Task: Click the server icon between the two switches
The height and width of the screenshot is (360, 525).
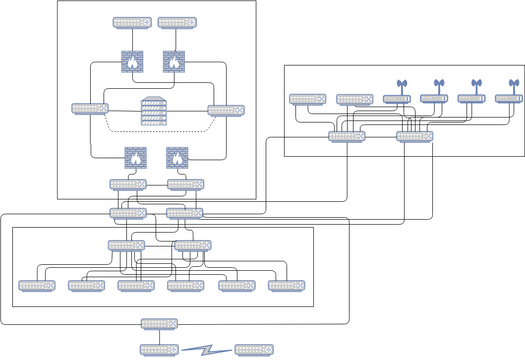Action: (152, 110)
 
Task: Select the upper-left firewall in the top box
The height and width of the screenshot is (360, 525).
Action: (132, 62)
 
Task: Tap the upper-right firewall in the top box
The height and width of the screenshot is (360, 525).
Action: (174, 62)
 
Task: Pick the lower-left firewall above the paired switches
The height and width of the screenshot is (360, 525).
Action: (135, 157)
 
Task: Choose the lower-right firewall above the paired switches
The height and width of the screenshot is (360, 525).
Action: (177, 157)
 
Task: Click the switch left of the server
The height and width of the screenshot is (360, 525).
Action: (90, 109)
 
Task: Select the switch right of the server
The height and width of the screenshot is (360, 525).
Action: (225, 110)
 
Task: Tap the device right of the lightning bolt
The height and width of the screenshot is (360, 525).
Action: (252, 350)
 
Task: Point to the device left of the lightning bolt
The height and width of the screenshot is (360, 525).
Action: (158, 350)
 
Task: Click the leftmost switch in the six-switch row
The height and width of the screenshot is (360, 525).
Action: (37, 286)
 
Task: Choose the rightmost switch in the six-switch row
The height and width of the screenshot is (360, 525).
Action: (286, 286)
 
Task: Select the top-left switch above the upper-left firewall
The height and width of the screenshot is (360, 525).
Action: (132, 22)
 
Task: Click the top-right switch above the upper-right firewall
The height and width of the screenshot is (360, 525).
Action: (176, 22)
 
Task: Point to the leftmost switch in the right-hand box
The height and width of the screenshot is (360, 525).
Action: (307, 100)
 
